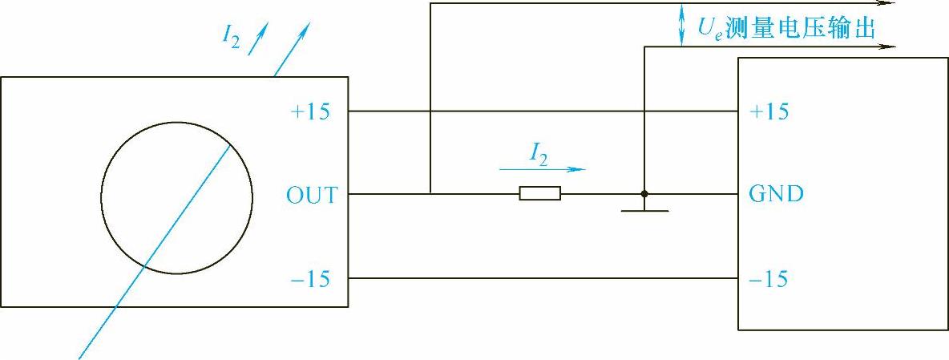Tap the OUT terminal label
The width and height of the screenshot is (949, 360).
311,195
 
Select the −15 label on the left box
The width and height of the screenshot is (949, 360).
311,279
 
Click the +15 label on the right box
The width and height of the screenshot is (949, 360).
768,111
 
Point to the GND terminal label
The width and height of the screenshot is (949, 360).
775,194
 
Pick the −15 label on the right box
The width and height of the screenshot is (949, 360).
768,279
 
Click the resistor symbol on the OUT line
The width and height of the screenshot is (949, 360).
539,193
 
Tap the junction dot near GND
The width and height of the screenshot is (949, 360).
644,193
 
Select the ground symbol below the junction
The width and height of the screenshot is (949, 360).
644,211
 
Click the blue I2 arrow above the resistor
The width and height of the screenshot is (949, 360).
542,169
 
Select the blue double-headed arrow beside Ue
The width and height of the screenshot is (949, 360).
681,25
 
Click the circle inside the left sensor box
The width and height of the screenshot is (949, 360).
176,197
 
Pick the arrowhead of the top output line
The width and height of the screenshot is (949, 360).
889,3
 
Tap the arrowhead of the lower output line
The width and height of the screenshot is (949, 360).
889,47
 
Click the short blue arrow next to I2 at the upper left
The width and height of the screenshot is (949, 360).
257,41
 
